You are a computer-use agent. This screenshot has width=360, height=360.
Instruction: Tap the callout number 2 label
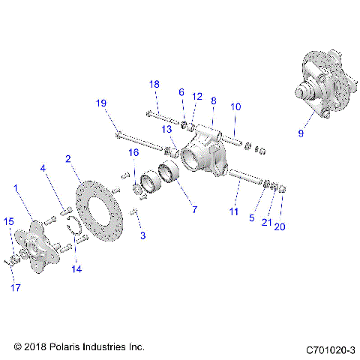[x=68, y=159]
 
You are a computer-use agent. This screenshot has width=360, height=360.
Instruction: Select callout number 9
[x=301, y=133]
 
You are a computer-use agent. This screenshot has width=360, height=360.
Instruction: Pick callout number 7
[x=193, y=210]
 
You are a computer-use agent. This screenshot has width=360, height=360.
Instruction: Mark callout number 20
[x=280, y=226]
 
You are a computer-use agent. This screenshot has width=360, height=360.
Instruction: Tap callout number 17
[x=13, y=286]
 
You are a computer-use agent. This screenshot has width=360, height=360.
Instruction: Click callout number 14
[x=76, y=268]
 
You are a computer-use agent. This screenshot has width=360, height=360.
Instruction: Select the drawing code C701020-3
[x=330, y=349]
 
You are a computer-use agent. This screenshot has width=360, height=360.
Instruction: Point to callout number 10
[x=235, y=107]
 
